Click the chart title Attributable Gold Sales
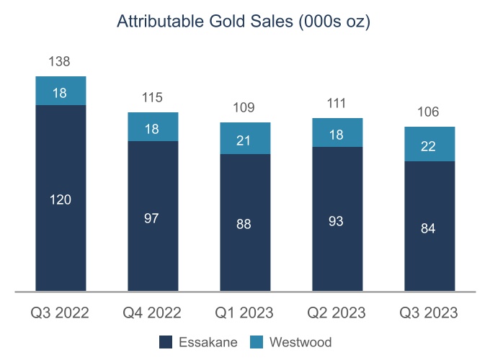pyautogui.click(x=244, y=22)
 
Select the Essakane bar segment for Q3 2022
pyautogui.click(x=61, y=199)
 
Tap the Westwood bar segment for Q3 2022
pyautogui.click(x=61, y=91)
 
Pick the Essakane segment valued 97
pyautogui.click(x=153, y=217)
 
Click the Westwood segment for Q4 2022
pyautogui.click(x=153, y=127)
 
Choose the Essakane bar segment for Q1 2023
pyautogui.click(x=245, y=223)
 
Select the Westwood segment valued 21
pyautogui.click(x=245, y=138)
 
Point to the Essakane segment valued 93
pyautogui.click(x=337, y=220)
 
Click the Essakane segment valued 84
pyautogui.click(x=429, y=227)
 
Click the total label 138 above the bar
pyautogui.click(x=61, y=62)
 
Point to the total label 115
pyautogui.click(x=153, y=97)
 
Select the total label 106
pyautogui.click(x=429, y=112)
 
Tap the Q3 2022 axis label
pyautogui.click(x=61, y=312)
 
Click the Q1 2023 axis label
pyautogui.click(x=245, y=312)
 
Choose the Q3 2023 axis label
pyautogui.click(x=429, y=312)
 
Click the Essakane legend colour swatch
pyautogui.click(x=164, y=342)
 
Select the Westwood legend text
pyautogui.click(x=300, y=342)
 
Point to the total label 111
pyautogui.click(x=337, y=104)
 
